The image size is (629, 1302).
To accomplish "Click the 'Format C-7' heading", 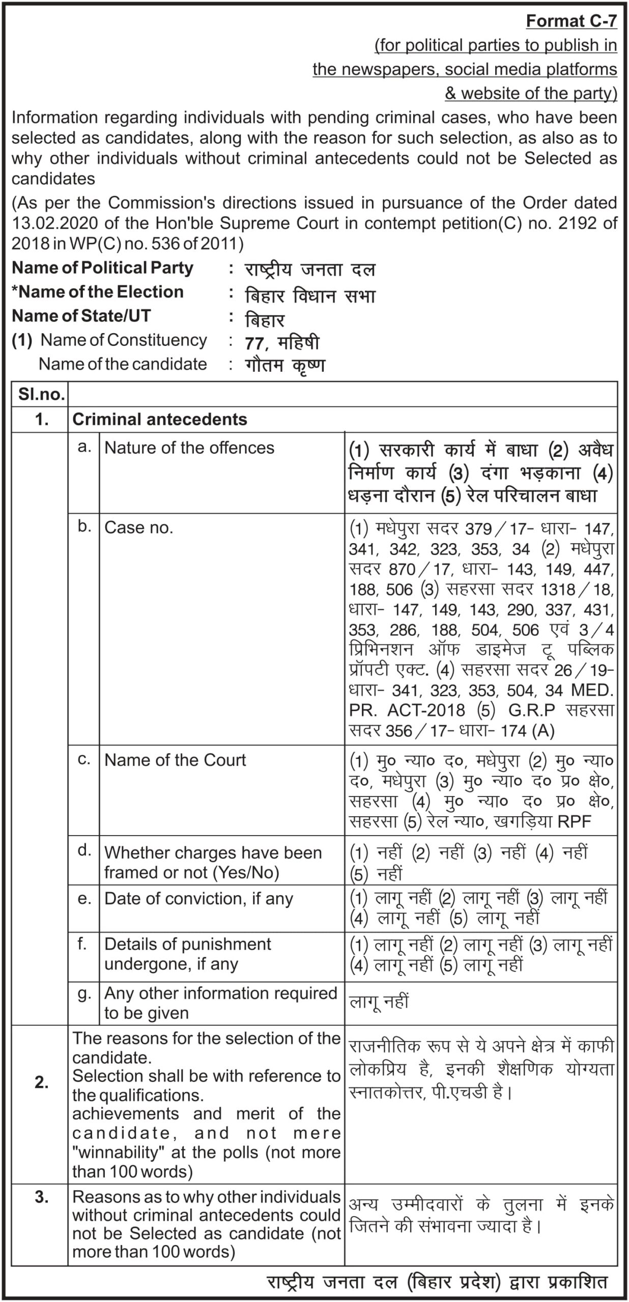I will click(x=571, y=21).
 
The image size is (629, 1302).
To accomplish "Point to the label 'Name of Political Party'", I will click(x=102, y=268).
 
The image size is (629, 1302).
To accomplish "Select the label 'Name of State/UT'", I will click(x=81, y=316).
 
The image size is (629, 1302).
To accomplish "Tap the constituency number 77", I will click(x=254, y=344).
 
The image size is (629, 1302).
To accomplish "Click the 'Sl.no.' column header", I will click(x=40, y=394).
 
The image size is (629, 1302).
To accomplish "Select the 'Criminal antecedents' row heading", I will click(x=160, y=419).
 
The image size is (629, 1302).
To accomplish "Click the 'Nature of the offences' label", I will click(x=189, y=448).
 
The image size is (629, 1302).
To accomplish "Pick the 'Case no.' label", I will click(x=138, y=527).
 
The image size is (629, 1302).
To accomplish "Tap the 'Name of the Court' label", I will click(x=175, y=760).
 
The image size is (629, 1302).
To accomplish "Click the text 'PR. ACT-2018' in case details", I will click(x=407, y=710).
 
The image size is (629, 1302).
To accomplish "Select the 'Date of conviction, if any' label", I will click(x=198, y=899).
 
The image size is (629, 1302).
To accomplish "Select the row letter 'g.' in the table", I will click(x=84, y=993).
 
